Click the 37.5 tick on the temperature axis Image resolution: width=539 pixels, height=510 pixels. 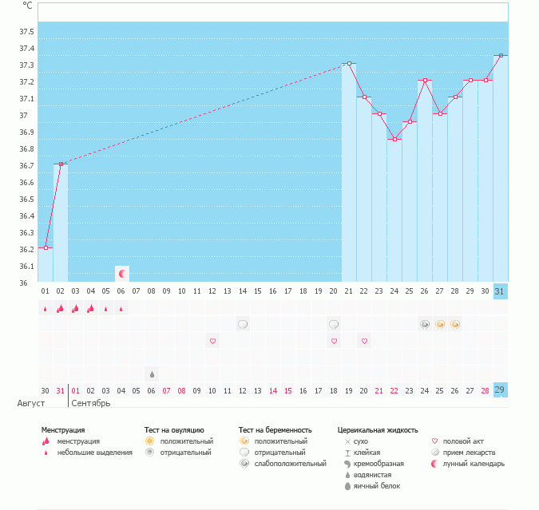[26, 32]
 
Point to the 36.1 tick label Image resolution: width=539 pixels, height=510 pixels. [26, 267]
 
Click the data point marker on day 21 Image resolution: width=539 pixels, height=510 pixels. [349, 63]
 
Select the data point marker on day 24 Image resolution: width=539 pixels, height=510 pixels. [394, 139]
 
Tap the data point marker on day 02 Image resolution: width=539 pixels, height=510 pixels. [61, 164]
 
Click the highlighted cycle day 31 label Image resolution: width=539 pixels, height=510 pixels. [500, 291]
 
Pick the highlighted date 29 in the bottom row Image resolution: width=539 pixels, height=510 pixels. [500, 390]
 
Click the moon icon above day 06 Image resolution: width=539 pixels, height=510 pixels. [122, 274]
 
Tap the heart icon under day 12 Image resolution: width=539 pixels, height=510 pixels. [212, 341]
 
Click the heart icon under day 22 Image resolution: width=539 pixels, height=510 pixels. [364, 341]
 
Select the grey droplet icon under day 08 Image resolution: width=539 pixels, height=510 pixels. [152, 374]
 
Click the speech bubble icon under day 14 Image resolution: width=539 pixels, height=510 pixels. [243, 324]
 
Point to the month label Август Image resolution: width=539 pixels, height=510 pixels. [30, 403]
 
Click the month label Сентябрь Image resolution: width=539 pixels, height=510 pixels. [91, 403]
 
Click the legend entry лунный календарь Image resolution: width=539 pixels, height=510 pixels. [474, 464]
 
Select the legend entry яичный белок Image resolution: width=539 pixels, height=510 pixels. [378, 486]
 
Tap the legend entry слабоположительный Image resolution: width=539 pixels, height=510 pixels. [290, 464]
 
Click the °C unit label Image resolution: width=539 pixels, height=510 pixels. [28, 6]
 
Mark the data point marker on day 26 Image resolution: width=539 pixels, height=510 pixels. [425, 81]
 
